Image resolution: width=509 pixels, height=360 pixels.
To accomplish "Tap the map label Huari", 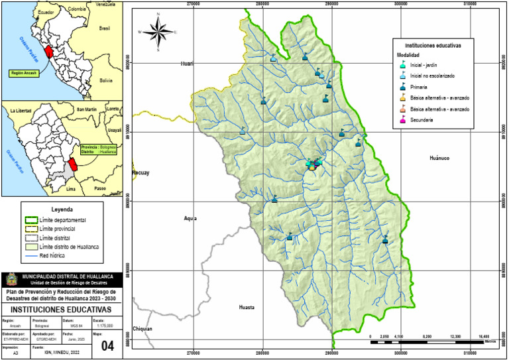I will click(187, 64).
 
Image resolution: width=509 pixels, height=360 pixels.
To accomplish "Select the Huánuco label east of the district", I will click(439, 158).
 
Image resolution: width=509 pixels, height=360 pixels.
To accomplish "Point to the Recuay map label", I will click(141, 173).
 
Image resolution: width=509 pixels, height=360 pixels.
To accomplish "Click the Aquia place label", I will click(191, 218).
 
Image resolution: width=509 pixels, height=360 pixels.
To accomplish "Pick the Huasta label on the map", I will click(247, 308).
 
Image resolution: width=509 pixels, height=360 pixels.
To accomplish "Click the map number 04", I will click(107, 345).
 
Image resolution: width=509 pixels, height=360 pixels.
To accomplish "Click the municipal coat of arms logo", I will click(11, 279).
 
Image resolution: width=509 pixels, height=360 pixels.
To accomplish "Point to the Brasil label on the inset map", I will click(104, 29).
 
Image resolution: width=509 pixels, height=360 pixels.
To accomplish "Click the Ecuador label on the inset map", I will click(45, 13).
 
